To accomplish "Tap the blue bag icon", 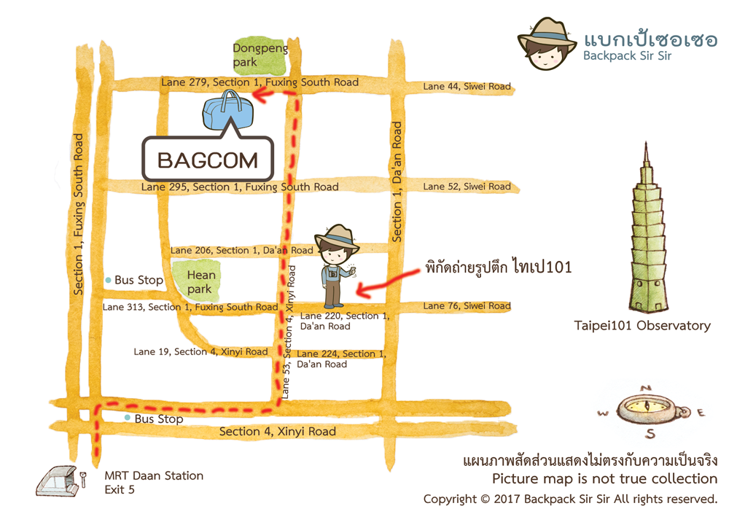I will [227, 113].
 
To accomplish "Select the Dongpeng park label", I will [260, 56].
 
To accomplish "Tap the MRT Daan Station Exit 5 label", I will [154, 483].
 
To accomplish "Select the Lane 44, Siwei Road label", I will [467, 87].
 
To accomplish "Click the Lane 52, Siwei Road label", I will [467, 187].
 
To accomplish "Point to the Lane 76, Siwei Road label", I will [467, 306].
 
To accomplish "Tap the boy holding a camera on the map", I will [336, 266].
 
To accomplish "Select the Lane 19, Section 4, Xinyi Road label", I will [200, 352].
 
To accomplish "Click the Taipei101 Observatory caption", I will [642, 326].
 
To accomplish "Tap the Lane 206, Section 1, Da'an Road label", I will [241, 250].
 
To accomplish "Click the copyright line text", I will [570, 499].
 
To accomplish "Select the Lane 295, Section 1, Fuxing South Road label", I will [240, 187].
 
